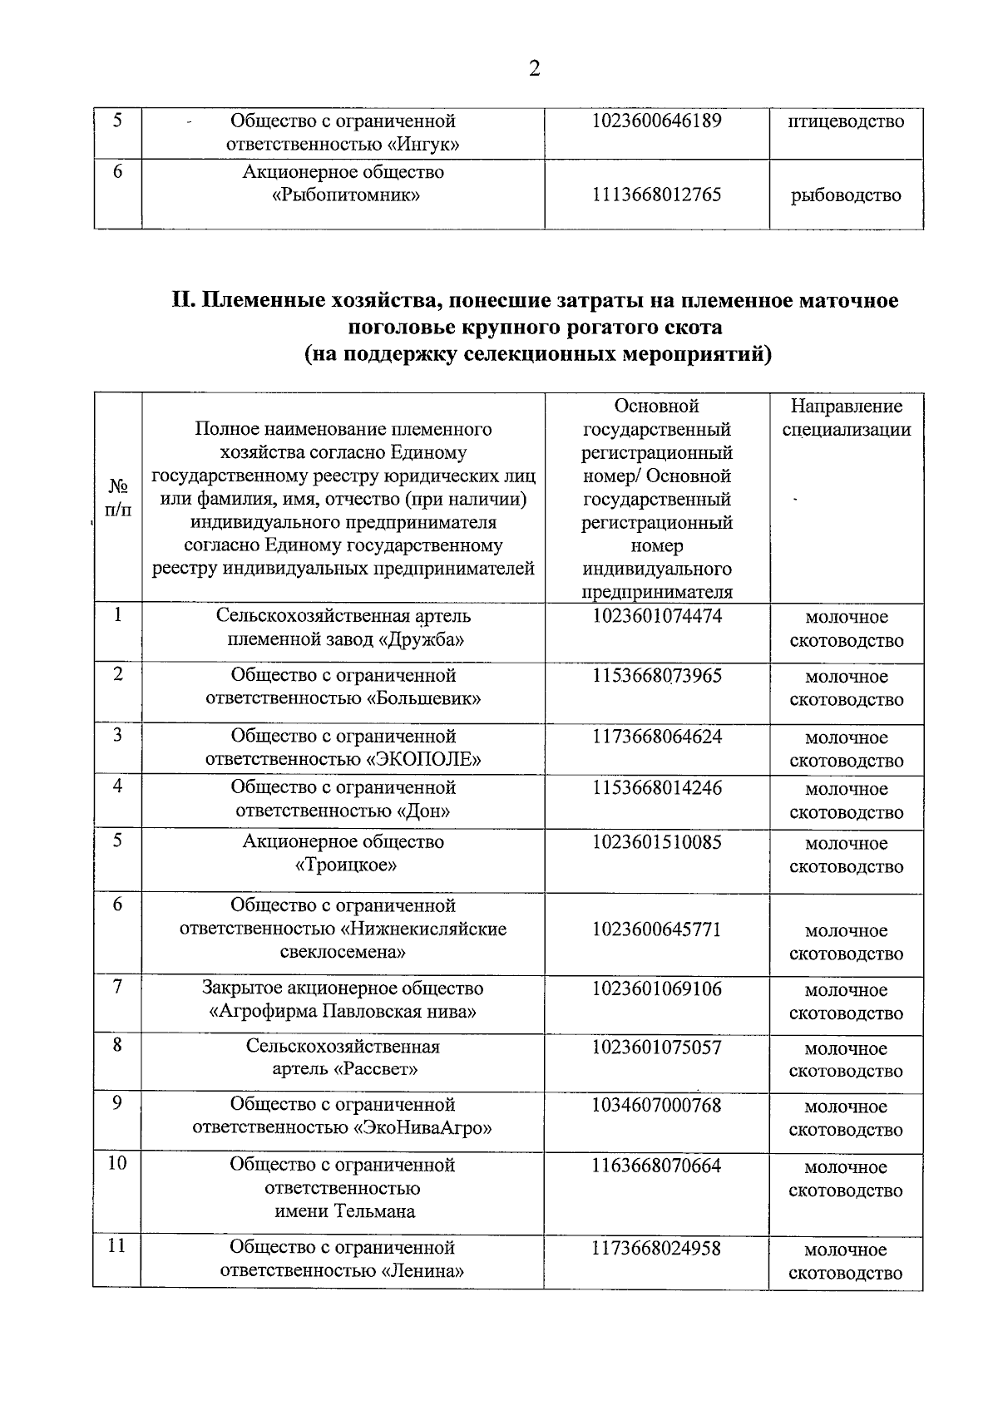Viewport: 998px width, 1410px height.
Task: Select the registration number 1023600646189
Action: click(x=656, y=121)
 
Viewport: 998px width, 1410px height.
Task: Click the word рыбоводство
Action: click(x=846, y=195)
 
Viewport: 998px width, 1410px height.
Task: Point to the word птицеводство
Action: click(x=846, y=121)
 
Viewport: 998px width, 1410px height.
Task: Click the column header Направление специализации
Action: click(x=846, y=418)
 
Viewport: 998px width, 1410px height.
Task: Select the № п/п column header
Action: click(x=118, y=497)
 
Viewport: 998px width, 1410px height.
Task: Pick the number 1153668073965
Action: click(x=656, y=676)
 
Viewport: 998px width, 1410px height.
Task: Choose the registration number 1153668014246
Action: click(x=656, y=787)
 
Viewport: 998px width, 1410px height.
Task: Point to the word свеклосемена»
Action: click(x=343, y=952)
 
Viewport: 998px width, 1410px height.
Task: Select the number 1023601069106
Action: click(x=656, y=988)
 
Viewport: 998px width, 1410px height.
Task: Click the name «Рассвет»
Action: click(x=375, y=1069)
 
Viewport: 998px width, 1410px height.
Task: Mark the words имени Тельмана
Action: click(x=344, y=1210)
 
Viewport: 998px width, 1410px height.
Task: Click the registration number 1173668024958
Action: click(x=656, y=1248)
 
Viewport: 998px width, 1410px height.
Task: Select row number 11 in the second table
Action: click(x=117, y=1245)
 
